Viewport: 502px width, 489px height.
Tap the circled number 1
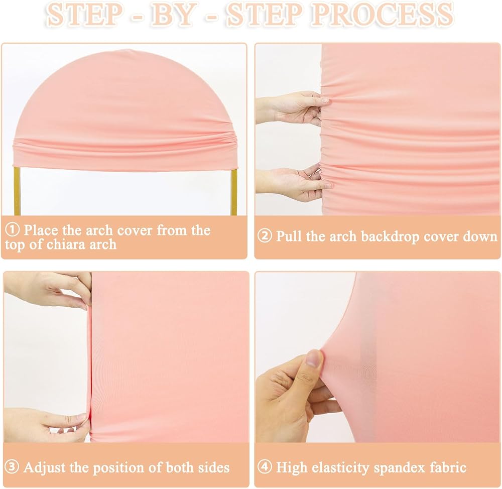[x=12, y=229]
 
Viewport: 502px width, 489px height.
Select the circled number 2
[x=265, y=236]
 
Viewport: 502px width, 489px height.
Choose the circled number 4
[x=265, y=467]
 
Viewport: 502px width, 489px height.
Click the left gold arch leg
[x=17, y=191]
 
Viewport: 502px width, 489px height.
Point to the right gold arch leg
[x=233, y=191]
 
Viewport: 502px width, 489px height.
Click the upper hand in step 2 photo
[x=293, y=107]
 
